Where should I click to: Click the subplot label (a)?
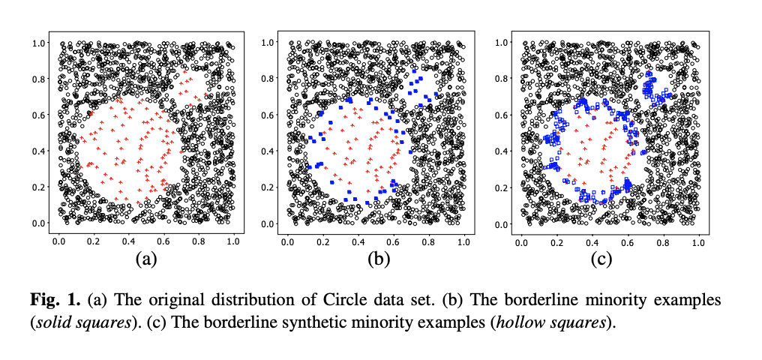point(145,259)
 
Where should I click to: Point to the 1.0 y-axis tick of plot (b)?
point(269,42)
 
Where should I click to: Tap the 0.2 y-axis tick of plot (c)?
point(497,187)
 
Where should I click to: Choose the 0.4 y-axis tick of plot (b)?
point(269,151)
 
